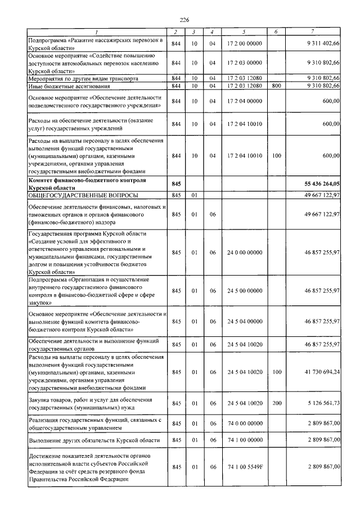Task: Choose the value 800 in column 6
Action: tap(276, 85)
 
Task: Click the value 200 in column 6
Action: tap(276, 403)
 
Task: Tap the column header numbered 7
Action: tap(319, 32)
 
